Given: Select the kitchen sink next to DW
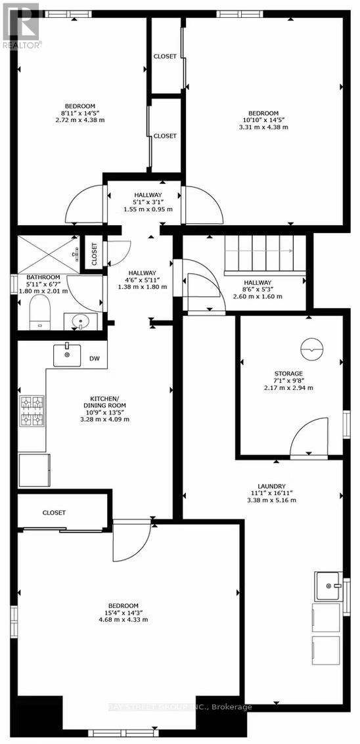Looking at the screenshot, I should (67, 355).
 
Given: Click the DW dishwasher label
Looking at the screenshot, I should (94, 360).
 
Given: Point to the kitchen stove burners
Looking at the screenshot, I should (32, 410).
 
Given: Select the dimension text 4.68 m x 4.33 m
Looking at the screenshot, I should (123, 619).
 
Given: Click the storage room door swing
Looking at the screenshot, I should (308, 437).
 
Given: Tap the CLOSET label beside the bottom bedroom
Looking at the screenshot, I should (54, 513).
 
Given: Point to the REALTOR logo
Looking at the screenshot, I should (21, 26).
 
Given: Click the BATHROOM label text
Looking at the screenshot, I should (43, 278).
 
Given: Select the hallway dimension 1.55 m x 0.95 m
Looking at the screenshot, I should (148, 209).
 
